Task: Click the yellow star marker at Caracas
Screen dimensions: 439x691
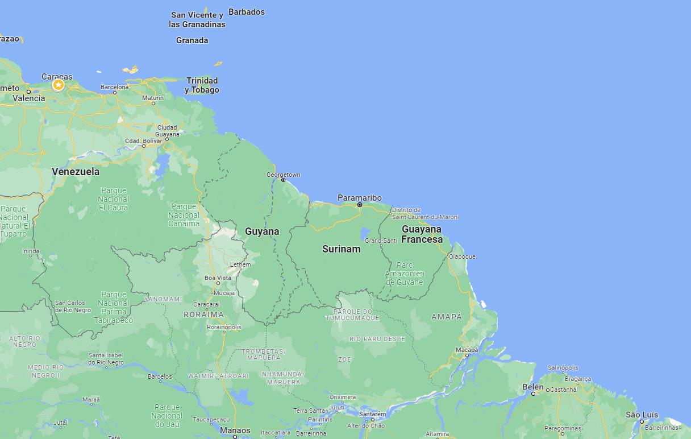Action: tap(58, 85)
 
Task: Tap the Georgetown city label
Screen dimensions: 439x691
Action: tap(284, 175)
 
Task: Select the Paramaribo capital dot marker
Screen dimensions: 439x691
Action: tap(360, 205)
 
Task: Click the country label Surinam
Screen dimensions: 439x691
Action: tap(341, 249)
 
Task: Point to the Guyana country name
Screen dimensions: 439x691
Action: tap(262, 231)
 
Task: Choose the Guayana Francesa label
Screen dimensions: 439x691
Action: tap(422, 234)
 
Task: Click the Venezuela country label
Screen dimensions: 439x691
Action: tap(76, 172)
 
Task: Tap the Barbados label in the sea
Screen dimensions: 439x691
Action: tap(247, 12)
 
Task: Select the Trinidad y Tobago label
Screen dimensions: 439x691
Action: tap(202, 85)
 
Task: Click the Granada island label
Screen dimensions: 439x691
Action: tap(192, 40)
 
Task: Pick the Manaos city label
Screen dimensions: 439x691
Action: tap(235, 430)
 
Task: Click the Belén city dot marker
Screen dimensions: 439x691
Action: tap(533, 394)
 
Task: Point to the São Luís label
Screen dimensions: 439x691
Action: tap(642, 415)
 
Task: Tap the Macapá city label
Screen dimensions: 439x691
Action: tap(467, 350)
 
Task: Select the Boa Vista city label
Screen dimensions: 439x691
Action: tap(218, 278)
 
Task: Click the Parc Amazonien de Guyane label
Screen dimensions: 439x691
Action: tap(405, 274)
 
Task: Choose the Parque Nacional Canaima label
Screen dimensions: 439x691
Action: tap(184, 215)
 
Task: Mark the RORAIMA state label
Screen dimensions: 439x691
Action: tap(203, 314)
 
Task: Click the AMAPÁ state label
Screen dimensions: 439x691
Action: tap(447, 317)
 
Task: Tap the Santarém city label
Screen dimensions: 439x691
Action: tap(373, 414)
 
